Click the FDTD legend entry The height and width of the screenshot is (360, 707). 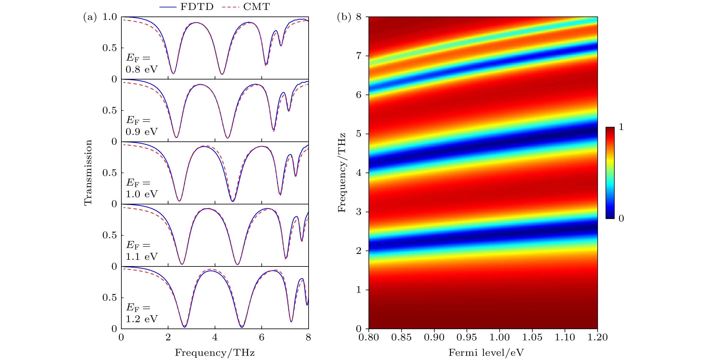197,7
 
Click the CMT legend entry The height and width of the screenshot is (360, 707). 256,7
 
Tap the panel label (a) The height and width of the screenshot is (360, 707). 90,17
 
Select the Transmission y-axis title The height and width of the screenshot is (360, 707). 88,172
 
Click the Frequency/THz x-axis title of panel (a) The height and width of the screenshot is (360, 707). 215,353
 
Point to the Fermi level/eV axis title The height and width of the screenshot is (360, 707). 486,353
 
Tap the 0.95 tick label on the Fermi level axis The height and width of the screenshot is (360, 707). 467,337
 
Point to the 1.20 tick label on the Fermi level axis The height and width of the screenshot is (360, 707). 598,337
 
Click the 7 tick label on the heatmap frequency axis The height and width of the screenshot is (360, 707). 358,56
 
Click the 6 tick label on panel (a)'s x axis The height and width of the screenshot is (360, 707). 262,337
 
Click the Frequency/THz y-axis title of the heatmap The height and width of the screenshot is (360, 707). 342,172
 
